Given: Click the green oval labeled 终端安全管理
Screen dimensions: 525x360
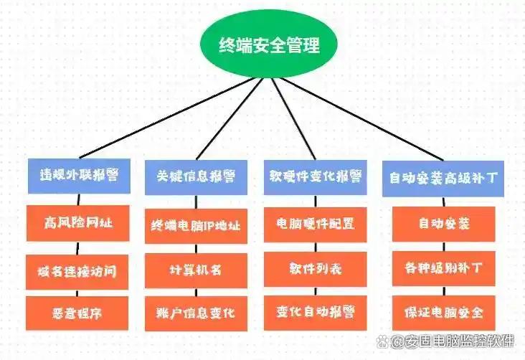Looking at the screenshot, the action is [268, 44].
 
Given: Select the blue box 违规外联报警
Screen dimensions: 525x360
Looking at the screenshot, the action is [79, 176].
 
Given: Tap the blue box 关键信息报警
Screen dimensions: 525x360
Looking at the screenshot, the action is [196, 177].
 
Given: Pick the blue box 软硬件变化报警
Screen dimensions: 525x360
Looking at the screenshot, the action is [315, 177].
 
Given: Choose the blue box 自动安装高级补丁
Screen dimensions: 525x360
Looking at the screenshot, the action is [443, 179].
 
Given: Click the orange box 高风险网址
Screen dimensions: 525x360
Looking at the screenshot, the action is [78, 223].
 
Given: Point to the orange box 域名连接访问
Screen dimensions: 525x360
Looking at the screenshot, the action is [77, 272].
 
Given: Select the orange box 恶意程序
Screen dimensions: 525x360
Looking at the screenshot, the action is [77, 313].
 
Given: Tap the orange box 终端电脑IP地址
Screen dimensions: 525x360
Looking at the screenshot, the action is [196, 226].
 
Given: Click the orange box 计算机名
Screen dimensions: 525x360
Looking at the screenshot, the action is [196, 270].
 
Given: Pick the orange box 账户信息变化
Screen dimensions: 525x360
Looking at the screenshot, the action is [196, 314].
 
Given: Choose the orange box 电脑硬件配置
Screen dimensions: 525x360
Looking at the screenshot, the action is [315, 224].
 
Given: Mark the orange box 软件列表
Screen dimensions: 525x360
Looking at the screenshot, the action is [315, 269].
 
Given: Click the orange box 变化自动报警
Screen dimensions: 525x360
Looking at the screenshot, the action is [315, 313].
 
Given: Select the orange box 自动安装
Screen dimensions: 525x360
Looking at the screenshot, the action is [444, 224].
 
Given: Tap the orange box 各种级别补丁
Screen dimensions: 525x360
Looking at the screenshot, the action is [444, 269].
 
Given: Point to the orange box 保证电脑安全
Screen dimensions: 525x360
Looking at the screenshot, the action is [444, 313].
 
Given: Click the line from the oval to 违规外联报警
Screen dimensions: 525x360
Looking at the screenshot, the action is [167, 118].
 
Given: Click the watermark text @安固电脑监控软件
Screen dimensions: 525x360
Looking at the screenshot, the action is [445, 341].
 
